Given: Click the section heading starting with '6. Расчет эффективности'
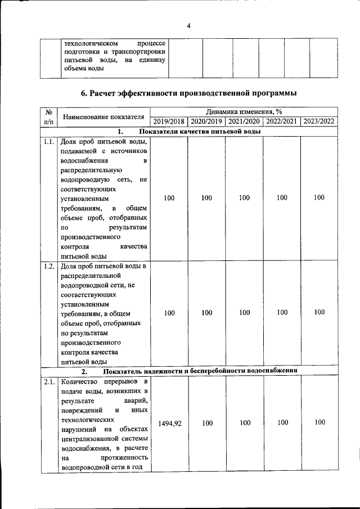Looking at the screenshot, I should click(x=188, y=93).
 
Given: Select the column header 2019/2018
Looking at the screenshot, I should click(x=169, y=121).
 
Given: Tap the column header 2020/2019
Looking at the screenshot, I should click(x=206, y=121).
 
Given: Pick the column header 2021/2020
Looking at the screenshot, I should click(x=244, y=121).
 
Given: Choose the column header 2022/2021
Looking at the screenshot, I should click(x=282, y=121).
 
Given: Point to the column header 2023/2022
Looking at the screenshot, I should click(x=319, y=121).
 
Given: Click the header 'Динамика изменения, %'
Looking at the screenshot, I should click(x=244, y=112).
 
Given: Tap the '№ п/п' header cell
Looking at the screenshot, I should click(x=48, y=116).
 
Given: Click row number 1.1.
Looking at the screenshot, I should click(x=49, y=142).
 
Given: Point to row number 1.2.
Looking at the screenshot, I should click(x=49, y=266).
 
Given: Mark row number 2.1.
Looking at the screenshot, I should click(x=49, y=382).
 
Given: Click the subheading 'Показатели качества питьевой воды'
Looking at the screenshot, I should click(x=200, y=132).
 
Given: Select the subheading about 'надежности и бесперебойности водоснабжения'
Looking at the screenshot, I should click(x=200, y=371).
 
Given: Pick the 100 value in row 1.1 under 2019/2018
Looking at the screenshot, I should click(x=169, y=197).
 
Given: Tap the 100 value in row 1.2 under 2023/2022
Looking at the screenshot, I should click(x=319, y=312).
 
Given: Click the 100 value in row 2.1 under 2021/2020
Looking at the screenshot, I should click(x=244, y=422).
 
